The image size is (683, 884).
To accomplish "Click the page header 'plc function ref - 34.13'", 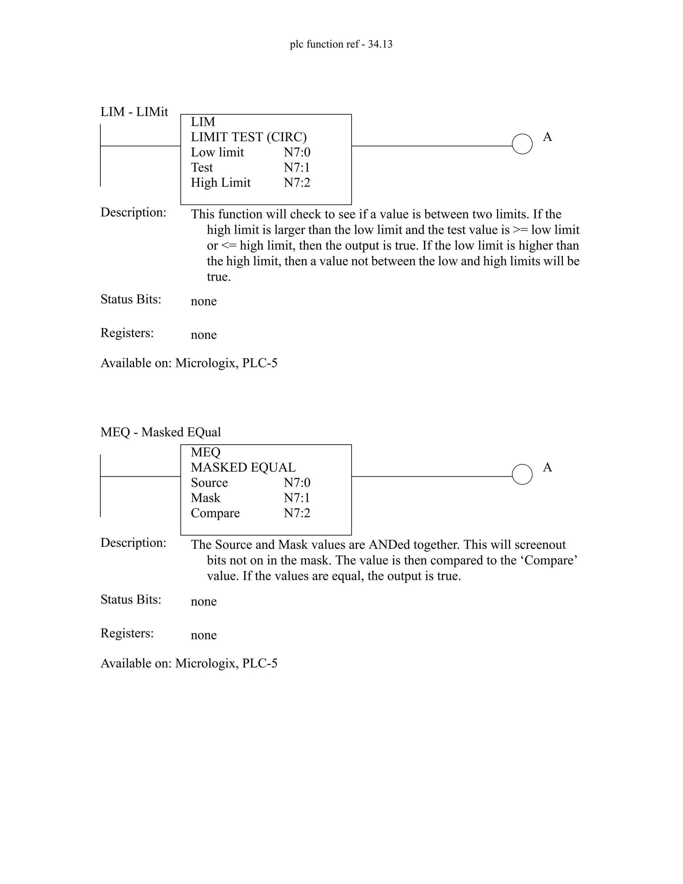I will (x=341, y=44).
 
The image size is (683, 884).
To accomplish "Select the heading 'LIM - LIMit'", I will (x=134, y=112).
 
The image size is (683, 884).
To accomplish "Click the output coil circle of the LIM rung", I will (x=522, y=144).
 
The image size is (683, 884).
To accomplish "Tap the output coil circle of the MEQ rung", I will (x=522, y=474).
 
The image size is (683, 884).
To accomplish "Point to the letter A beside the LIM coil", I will (x=548, y=137).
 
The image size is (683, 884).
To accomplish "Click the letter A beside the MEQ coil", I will (x=548, y=467).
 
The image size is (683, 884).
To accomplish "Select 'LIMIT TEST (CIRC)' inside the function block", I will (x=249, y=137).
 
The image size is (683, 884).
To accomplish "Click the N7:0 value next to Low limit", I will (x=297, y=152).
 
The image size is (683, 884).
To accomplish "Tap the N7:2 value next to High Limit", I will (x=297, y=183).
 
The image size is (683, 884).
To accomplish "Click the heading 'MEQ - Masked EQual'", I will (x=161, y=432).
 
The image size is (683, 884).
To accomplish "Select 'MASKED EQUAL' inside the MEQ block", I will (x=243, y=467).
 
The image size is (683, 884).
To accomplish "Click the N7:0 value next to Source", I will (x=297, y=483).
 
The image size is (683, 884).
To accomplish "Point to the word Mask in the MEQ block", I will (x=205, y=498).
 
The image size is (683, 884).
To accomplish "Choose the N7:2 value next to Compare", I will (x=297, y=513).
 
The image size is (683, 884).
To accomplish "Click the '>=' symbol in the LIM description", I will (x=520, y=230).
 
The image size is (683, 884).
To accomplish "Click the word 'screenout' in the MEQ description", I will (x=540, y=545).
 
